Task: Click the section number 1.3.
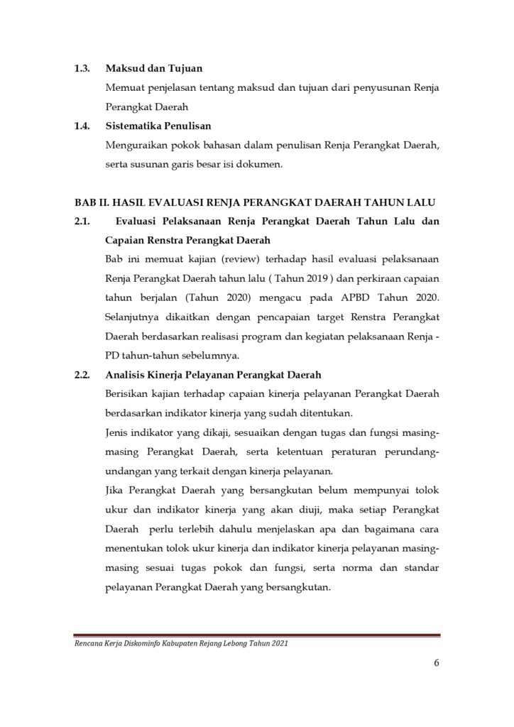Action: [x=82, y=70]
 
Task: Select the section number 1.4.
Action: [x=82, y=127]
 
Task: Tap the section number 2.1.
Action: [x=82, y=222]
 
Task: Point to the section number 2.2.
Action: [x=82, y=376]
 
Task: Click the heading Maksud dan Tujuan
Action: [x=154, y=70]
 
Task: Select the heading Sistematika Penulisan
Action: [x=159, y=127]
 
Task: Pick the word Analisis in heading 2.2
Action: [x=126, y=376]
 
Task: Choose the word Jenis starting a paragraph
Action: [x=116, y=433]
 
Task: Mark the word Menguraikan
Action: [x=137, y=146]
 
